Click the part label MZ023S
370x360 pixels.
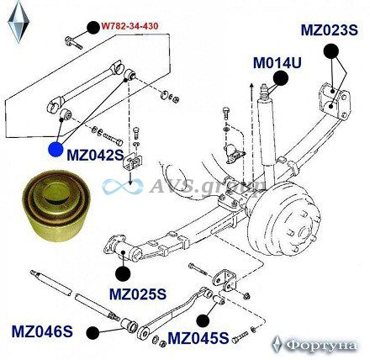click(330, 30)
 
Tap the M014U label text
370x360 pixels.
click(277, 63)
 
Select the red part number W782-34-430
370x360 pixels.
click(129, 26)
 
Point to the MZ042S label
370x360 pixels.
click(95, 155)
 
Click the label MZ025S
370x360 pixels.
click(138, 294)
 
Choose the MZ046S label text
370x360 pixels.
click(42, 331)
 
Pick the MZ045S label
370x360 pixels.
click(198, 338)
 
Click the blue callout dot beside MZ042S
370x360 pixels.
click(55, 149)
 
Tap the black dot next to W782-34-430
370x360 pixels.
click(93, 27)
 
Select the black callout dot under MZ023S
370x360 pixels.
click(331, 51)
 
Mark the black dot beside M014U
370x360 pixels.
click(281, 78)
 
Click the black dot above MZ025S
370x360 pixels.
click(123, 273)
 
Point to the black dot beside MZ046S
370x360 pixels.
click(92, 333)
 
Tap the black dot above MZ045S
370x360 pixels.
click(203, 320)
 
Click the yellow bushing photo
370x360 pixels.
click(56, 205)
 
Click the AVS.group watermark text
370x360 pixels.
click(208, 185)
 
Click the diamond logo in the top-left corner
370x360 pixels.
click(18, 22)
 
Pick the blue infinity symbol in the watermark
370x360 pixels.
click(123, 187)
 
